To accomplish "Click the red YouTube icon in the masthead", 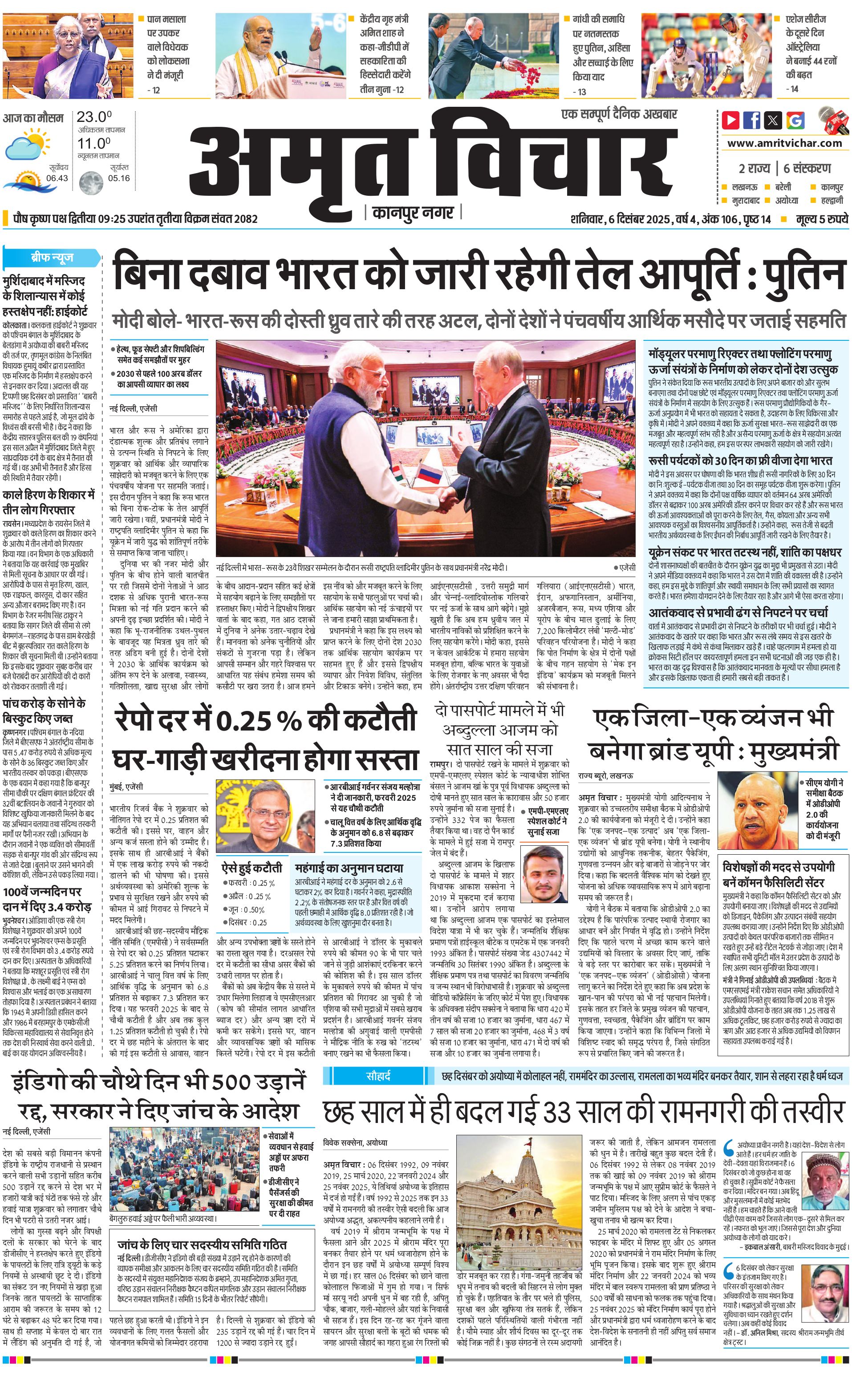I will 731,120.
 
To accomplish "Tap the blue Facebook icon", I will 752,120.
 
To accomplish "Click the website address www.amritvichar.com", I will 784,143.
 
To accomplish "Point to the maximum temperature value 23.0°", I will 94,117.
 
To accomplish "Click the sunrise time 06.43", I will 57,178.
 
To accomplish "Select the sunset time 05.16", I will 119,178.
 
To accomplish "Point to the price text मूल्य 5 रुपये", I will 822,219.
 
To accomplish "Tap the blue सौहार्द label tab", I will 378,1076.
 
